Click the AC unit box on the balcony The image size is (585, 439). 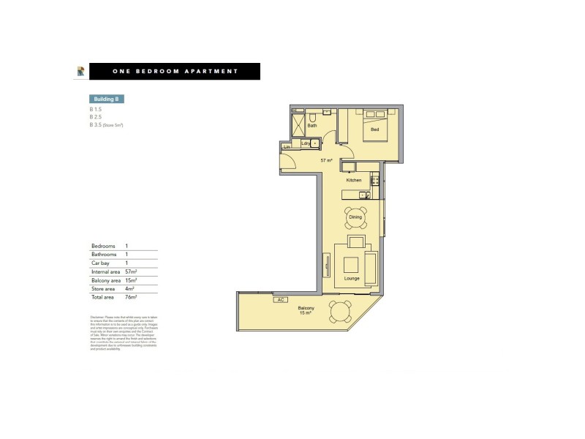[280, 300]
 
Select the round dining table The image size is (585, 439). [355, 217]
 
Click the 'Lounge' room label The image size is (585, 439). [352, 279]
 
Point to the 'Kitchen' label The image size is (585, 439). [354, 180]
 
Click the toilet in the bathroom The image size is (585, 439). [312, 116]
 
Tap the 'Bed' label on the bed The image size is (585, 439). [374, 130]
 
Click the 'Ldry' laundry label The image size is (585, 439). [304, 143]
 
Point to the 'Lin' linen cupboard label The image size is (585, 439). [287, 147]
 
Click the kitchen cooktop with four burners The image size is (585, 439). [374, 180]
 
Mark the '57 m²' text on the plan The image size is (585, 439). [326, 160]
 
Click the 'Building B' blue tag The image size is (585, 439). [104, 99]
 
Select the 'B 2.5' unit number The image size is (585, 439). [96, 117]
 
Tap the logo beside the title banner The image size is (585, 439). [81, 71]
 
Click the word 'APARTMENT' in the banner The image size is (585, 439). [213, 71]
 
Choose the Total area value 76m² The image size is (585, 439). [132, 298]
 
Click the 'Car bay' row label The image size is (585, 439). [100, 263]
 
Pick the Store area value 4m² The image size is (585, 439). [130, 289]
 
